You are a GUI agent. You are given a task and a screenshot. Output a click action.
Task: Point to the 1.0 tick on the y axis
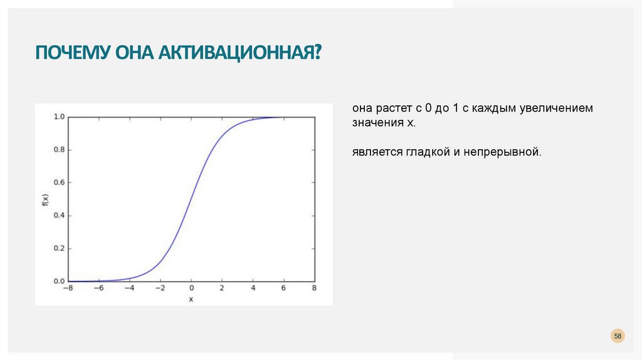coord(59,117)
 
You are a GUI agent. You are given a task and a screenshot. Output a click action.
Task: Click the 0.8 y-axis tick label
coord(59,150)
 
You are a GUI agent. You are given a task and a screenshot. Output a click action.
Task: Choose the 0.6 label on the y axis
coord(59,183)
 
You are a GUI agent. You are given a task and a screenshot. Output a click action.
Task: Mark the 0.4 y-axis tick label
coord(59,215)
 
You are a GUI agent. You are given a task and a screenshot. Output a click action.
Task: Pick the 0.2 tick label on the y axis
coord(59,248)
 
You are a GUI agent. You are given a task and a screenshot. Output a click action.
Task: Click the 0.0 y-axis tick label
coord(59,281)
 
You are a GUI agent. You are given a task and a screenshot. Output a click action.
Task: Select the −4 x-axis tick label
coord(129,289)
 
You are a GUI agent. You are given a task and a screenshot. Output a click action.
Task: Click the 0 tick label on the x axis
coord(191,289)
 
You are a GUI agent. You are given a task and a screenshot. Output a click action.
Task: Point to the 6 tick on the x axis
coord(283,289)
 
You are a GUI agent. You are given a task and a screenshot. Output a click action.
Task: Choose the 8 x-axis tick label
coord(314,289)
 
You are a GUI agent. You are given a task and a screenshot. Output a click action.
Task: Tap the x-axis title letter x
coord(191,299)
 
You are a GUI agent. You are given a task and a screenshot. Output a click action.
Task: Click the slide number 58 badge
coord(618,337)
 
